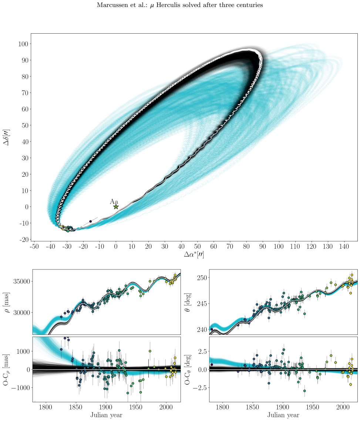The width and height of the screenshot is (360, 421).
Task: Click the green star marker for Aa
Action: [116, 207]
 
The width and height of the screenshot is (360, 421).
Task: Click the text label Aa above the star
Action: [114, 202]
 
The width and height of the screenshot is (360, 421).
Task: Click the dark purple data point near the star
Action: [91, 221]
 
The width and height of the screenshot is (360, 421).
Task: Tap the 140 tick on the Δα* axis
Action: [344, 246]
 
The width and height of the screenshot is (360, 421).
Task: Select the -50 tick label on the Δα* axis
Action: [34, 246]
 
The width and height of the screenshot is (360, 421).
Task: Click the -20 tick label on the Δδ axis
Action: [24, 240]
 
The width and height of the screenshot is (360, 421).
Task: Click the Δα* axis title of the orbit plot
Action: [194, 254]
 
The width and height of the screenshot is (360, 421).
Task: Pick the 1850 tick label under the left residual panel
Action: [76, 407]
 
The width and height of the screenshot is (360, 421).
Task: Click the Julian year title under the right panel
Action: [283, 415]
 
